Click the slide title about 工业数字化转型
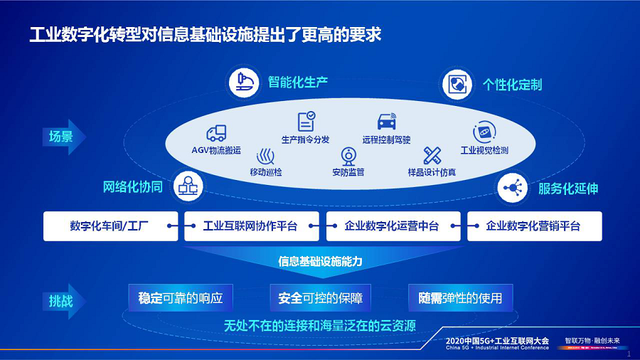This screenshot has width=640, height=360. pos(204,34)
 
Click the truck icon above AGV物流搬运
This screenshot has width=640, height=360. pos(216,133)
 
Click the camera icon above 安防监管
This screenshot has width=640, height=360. pos(349,156)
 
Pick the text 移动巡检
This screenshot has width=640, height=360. pos(267,172)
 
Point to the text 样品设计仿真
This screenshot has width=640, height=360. pos(432,172)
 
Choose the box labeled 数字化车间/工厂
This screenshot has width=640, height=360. pos(111,226)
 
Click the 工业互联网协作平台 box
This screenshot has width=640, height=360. pos(252,226)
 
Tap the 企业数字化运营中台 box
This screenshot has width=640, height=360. pos(393,226)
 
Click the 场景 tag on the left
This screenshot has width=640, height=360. pos(62,136)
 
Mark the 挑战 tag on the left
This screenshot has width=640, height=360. pos(62,300)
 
